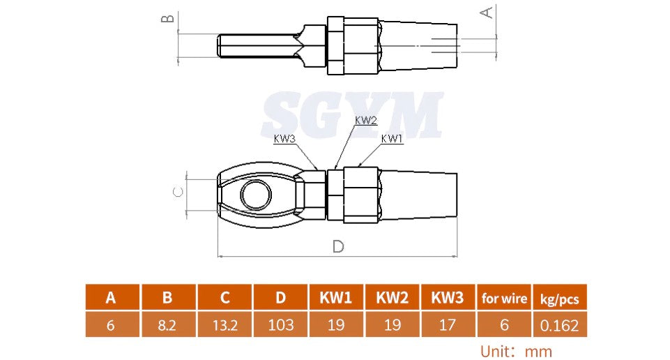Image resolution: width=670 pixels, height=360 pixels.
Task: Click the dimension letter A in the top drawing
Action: coord(488,11)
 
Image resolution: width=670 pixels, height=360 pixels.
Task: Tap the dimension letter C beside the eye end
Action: coord(178,192)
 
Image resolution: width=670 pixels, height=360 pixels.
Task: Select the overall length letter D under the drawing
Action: coord(337,246)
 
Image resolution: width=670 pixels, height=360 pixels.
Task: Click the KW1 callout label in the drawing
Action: coord(392,139)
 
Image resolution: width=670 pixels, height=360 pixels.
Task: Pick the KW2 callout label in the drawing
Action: coord(365,120)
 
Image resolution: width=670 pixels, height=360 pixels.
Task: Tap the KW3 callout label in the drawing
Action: coord(284,139)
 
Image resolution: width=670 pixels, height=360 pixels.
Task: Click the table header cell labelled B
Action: coord(167,298)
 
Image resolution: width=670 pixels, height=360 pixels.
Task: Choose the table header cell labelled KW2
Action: coord(392,298)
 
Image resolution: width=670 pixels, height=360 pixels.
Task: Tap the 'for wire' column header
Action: coord(504,299)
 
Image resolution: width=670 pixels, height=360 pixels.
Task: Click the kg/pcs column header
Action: coord(559,299)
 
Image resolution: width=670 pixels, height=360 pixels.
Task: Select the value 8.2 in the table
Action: coord(167,325)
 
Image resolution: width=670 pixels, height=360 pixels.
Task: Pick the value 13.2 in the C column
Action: coord(224,325)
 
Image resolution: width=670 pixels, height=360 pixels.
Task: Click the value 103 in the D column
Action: coord(280,325)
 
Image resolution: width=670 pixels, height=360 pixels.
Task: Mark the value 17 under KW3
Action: coord(448,325)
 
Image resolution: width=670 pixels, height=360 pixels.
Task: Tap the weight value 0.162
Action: coord(559,325)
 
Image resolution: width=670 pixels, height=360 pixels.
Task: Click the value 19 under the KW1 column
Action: coord(336,325)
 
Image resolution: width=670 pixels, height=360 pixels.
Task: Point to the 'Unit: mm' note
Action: coord(516,351)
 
